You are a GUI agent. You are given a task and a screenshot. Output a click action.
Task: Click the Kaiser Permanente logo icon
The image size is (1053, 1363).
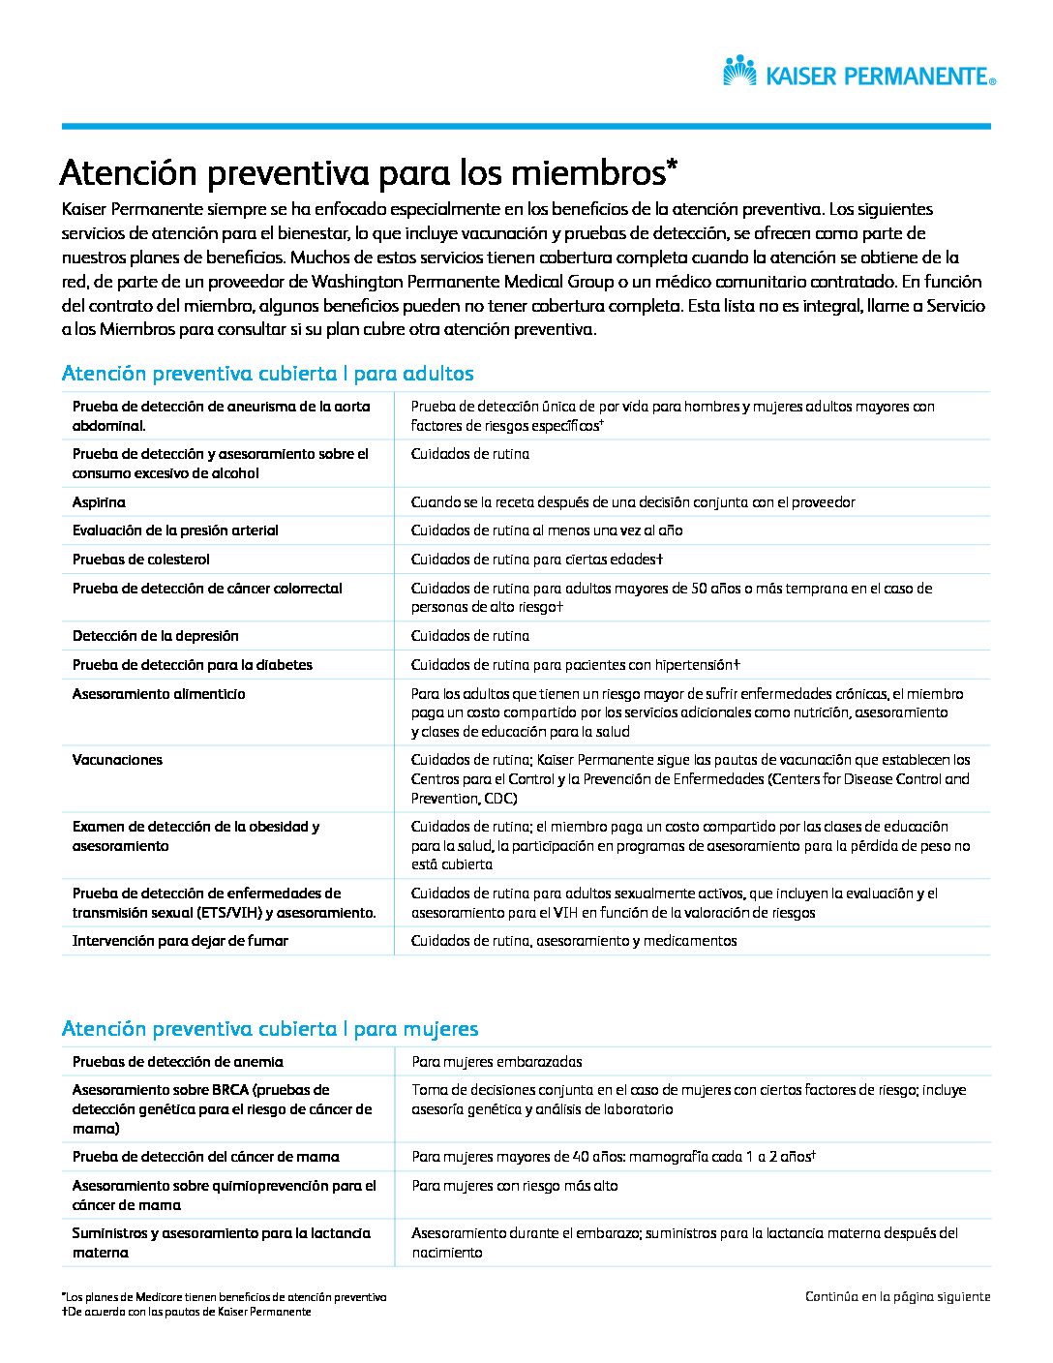[739, 72]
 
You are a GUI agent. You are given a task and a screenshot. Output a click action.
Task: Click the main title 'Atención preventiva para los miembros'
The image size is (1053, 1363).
[368, 173]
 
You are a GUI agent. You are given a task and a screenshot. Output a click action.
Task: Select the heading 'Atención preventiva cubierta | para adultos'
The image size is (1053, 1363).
[267, 374]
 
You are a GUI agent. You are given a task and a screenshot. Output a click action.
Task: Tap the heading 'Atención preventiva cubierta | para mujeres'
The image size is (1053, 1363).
[269, 1028]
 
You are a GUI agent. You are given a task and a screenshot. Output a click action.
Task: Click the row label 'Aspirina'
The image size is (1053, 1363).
[99, 502]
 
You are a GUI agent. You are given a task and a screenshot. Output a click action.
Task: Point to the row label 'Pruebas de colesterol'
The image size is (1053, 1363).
[140, 560]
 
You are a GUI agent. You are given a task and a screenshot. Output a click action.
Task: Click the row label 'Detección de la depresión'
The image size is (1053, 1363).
[155, 636]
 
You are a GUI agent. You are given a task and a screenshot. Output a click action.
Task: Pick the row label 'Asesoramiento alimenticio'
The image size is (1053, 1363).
[159, 694]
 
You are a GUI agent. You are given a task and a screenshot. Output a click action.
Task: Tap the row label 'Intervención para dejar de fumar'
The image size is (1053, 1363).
[180, 941]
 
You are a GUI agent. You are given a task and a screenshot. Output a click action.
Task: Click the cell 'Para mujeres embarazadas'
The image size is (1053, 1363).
[496, 1062]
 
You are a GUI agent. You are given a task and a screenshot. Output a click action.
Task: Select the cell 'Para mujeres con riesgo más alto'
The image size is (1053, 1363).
[514, 1186]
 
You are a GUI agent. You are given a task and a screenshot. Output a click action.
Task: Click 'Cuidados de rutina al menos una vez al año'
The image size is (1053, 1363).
[547, 530]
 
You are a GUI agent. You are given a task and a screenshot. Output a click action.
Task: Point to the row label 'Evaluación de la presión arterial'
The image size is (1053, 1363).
[175, 530]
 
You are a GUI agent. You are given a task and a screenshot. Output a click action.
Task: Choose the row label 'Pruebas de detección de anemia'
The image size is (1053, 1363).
[177, 1062]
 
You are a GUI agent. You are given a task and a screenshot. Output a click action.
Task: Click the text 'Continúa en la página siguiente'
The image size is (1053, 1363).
[897, 1297]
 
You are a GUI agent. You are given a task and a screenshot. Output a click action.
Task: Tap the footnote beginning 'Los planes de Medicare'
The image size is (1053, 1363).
[224, 1297]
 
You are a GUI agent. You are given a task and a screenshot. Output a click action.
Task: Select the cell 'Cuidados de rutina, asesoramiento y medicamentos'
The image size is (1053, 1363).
[574, 941]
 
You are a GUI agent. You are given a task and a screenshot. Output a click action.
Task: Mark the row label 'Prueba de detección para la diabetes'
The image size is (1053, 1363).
[192, 665]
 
